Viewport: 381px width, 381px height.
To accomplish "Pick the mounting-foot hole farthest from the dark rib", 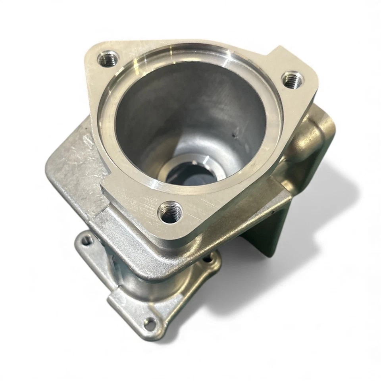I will (x=87, y=239).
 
